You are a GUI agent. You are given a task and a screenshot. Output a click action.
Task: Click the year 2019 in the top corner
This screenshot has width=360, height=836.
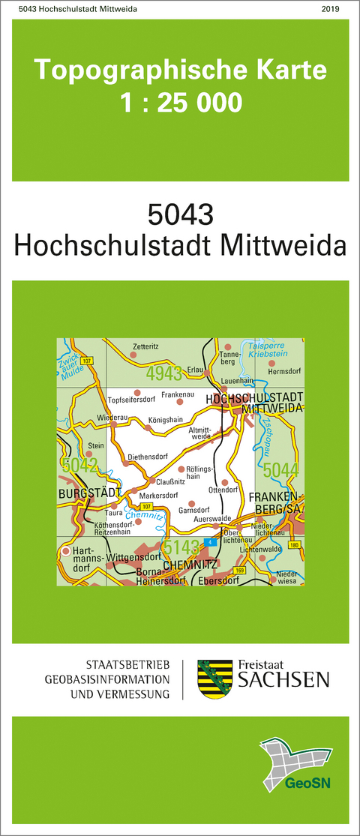329,8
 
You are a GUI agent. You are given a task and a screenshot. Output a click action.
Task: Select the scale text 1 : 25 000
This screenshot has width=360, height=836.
181,102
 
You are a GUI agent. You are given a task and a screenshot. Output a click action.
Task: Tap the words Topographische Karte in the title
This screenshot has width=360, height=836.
181,70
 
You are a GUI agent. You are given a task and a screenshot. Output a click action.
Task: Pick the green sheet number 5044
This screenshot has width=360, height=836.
281,469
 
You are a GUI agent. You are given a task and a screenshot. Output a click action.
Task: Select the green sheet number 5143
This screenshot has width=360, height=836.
181,546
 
